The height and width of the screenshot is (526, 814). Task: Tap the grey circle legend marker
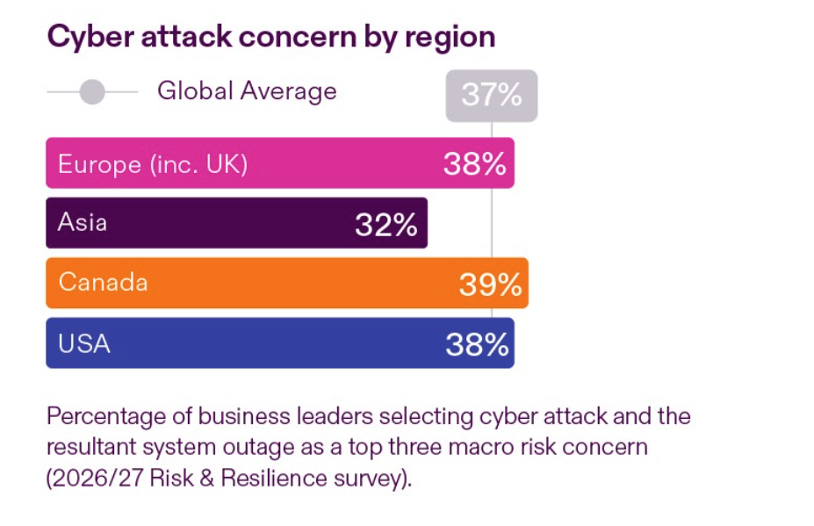pyautogui.click(x=92, y=91)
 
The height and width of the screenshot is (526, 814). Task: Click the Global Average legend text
pyautogui.click(x=247, y=91)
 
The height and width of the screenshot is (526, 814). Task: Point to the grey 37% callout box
pyautogui.click(x=491, y=95)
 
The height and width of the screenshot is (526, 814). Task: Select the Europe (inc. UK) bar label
pyautogui.click(x=153, y=164)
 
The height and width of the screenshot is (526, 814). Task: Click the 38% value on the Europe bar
pyautogui.click(x=475, y=164)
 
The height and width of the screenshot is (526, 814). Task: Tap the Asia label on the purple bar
pyautogui.click(x=83, y=222)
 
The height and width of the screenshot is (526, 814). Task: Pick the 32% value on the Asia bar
pyautogui.click(x=385, y=225)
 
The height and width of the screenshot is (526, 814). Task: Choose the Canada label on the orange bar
pyautogui.click(x=103, y=283)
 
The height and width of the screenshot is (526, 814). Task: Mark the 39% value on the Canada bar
pyautogui.click(x=490, y=285)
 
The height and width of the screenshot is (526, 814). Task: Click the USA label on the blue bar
pyautogui.click(x=84, y=343)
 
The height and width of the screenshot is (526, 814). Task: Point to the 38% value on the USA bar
pyautogui.click(x=477, y=344)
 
